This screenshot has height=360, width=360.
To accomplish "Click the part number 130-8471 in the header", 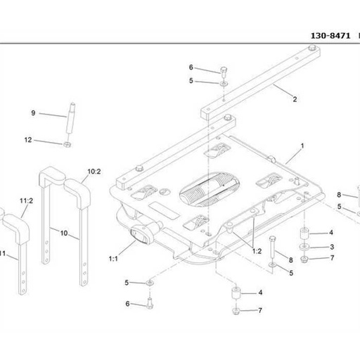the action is (330, 36).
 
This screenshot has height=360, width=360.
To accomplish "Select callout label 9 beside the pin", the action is (33, 113).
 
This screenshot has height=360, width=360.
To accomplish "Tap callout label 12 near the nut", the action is (28, 140).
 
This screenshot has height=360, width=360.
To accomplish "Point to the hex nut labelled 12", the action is (67, 144).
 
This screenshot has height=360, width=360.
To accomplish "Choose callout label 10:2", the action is (94, 172).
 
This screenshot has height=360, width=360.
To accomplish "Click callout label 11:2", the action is (26, 201).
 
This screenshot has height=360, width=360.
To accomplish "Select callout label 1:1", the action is (113, 259).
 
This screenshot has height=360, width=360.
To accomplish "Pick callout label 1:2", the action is (257, 251).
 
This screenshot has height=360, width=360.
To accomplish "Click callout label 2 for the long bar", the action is (295, 99).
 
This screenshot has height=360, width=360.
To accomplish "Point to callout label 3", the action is (332, 247).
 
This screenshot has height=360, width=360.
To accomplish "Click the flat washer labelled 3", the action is (304, 247).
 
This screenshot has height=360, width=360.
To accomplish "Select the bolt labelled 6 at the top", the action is (224, 71).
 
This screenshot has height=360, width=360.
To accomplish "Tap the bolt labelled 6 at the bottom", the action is (150, 303).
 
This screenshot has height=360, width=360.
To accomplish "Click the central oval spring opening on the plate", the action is (210, 189).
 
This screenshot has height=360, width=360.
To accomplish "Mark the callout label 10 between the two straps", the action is (64, 233).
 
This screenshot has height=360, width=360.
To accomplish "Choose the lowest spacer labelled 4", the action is (236, 292).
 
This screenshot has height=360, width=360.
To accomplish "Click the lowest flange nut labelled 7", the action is (236, 311).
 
